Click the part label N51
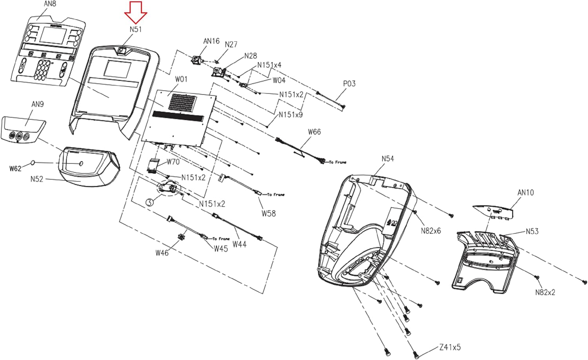point(136,29)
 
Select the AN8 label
point(50,4)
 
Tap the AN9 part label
point(38,104)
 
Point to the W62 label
point(15,169)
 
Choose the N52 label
point(36,179)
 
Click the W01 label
point(181,79)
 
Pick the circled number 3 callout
point(149,202)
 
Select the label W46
point(162,253)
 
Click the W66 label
point(314,132)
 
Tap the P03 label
point(349,83)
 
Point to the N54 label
point(388,159)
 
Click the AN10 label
point(526,192)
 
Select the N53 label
point(532,231)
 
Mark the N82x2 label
point(545,292)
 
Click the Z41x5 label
point(450,347)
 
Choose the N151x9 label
point(290,115)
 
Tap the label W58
point(269,213)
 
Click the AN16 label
point(211,41)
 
